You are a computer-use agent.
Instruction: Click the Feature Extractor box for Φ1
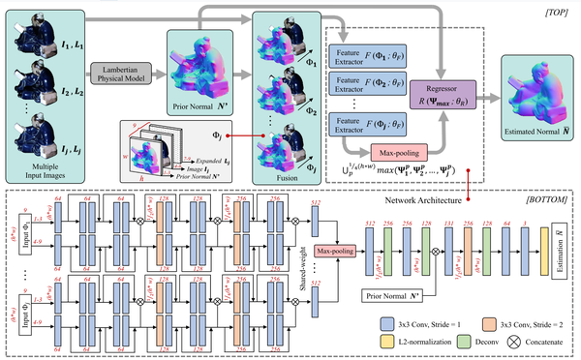pyautogui.click(x=356, y=54)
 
